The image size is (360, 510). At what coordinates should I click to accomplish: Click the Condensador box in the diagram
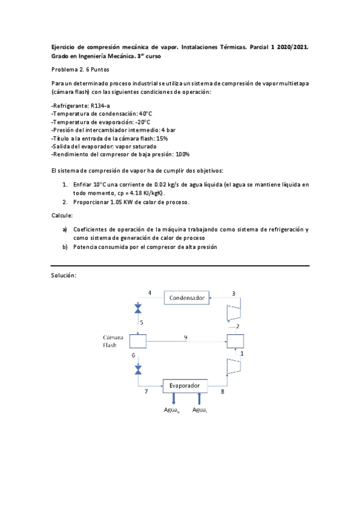pos(187,298)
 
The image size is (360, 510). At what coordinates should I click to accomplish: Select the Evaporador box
pos(185,384)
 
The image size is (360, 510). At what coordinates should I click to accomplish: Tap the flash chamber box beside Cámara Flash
pos(138,341)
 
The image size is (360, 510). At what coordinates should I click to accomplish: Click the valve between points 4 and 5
pos(138,309)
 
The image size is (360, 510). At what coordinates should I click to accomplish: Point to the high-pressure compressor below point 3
pos(233,312)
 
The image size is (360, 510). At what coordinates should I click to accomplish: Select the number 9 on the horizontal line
pos(185,337)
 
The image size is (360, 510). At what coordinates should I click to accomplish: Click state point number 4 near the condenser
pos(150,293)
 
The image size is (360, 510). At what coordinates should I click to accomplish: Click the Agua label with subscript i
pos(200,410)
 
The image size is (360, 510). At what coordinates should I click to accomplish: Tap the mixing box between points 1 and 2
pos(234,341)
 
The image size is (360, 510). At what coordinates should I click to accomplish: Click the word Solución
pos(64,275)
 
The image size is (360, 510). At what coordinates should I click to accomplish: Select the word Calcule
pos(63,215)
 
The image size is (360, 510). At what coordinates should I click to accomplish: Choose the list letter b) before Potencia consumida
pos(65,247)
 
